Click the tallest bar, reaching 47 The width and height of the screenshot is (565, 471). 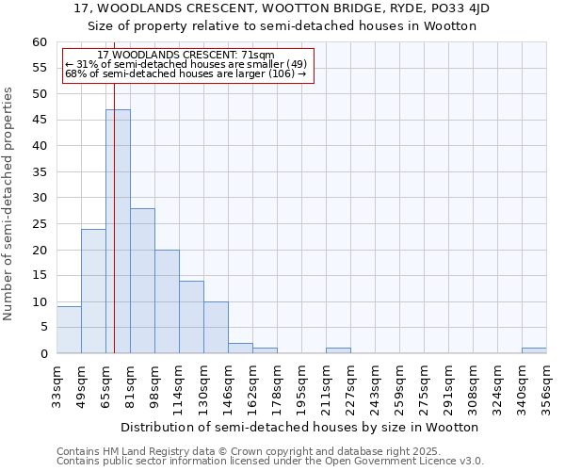[x=118, y=231]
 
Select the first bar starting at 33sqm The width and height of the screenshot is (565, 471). [x=69, y=330]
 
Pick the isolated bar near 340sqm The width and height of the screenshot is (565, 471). [x=534, y=350]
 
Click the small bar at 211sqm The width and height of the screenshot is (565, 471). [x=338, y=350]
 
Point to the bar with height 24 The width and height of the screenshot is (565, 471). [x=93, y=291]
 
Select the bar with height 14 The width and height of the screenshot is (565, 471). [x=191, y=317]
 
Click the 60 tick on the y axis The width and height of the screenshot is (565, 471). [x=40, y=42]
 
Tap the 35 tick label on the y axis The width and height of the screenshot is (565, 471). [x=40, y=172]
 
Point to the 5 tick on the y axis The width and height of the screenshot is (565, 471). [x=43, y=328]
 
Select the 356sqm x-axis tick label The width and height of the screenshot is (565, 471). [x=546, y=384]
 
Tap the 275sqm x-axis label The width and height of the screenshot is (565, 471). [x=424, y=384]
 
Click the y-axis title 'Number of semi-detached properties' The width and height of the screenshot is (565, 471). [x=9, y=203]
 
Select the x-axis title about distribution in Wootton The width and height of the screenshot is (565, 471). [x=299, y=427]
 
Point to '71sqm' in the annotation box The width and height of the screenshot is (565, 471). [x=257, y=56]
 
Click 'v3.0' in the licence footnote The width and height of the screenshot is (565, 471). [x=472, y=461]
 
